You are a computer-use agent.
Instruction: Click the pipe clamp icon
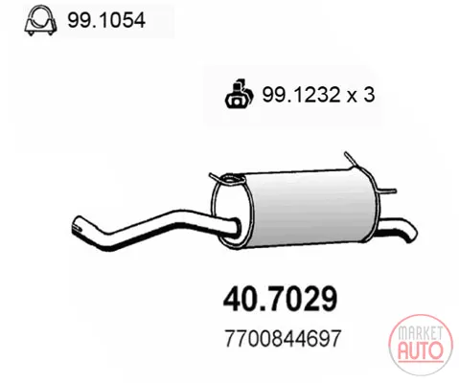[40, 20]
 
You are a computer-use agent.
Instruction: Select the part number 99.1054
[106, 20]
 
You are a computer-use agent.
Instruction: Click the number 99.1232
[301, 95]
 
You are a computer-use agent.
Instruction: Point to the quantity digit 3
[369, 95]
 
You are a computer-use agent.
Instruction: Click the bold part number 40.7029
[280, 299]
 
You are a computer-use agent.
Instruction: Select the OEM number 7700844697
[284, 338]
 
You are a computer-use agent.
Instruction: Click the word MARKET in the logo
[420, 333]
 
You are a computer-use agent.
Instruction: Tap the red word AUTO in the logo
[421, 349]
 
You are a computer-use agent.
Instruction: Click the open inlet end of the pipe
[77, 224]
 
